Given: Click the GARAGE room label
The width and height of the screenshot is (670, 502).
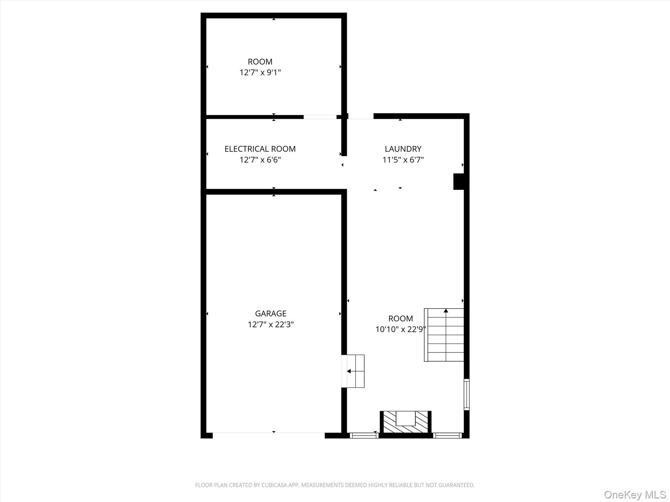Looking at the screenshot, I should tap(271, 313).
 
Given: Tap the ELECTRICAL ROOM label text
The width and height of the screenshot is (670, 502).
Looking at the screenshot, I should tap(260, 149).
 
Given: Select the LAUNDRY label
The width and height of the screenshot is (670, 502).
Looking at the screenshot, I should tap(403, 149).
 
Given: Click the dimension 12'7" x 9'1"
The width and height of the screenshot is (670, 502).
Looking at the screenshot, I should tap(260, 73).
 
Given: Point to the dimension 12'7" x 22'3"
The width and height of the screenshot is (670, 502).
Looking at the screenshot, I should tap(271, 325).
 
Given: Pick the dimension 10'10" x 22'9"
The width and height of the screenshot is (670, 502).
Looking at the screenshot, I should tap(400, 329).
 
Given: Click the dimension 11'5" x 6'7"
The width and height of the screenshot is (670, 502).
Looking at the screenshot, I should tap(403, 160).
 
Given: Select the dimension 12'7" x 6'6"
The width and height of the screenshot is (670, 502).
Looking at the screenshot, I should tap(260, 160).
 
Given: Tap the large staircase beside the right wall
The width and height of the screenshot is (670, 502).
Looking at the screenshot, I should tap(444, 335).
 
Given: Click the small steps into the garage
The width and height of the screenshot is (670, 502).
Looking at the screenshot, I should tap(353, 371).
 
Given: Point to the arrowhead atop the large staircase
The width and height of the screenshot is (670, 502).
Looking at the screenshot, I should tap(446, 310).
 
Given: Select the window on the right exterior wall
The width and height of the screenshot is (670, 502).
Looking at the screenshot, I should tap(467, 394).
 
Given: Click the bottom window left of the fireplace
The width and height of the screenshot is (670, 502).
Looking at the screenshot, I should tap(364, 435).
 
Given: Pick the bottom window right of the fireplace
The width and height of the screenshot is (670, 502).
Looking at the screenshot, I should tap(447, 435).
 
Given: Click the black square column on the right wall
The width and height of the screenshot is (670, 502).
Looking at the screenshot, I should tap(459, 181).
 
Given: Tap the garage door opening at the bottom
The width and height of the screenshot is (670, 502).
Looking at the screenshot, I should tap(268, 435).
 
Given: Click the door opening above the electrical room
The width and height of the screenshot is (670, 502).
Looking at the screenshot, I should tap(320, 117).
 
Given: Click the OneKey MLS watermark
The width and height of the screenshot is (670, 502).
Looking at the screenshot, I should tap(635, 494).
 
